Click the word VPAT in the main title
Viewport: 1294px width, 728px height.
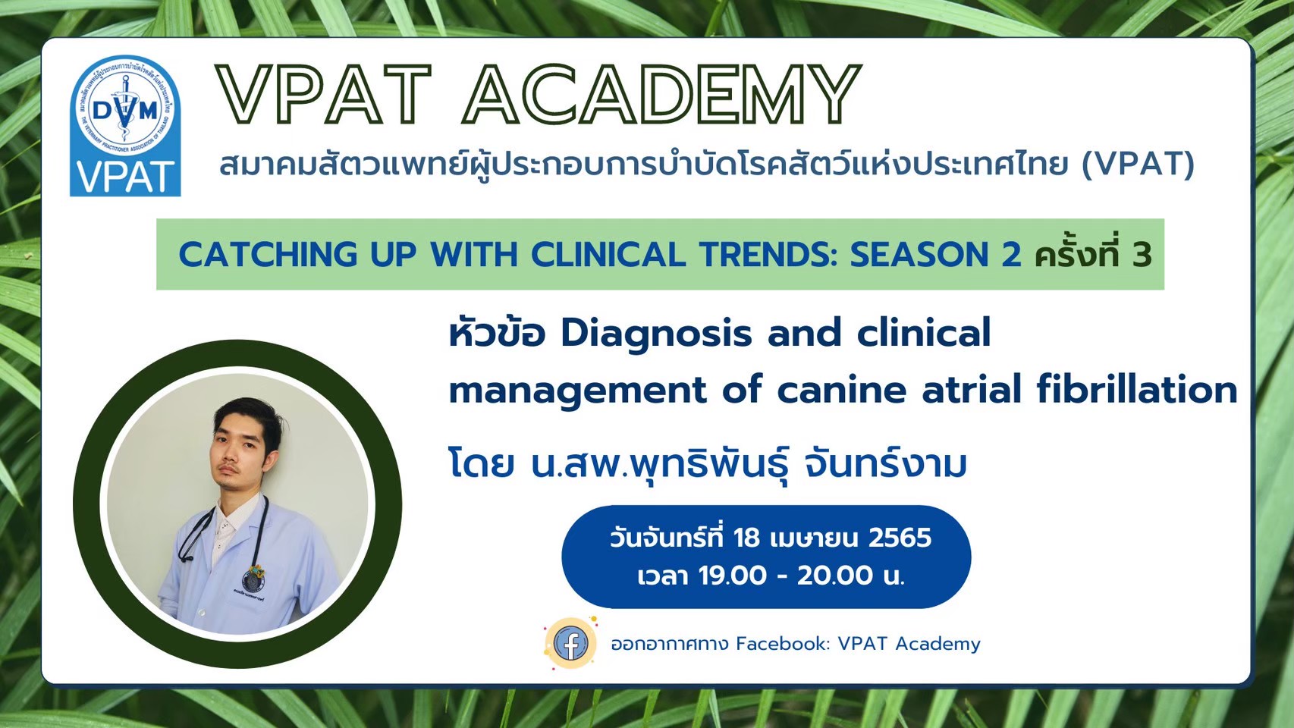pos(323,93)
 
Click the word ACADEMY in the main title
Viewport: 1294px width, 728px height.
pos(662,93)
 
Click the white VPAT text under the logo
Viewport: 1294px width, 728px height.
pos(125,177)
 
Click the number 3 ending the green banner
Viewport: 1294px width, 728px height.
pos(1142,255)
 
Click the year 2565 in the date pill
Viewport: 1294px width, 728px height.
pos(900,538)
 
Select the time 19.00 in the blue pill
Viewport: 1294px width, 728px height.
pos(733,576)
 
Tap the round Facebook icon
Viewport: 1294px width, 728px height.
pos(570,643)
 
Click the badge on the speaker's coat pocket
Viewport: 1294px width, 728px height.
pos(255,577)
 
